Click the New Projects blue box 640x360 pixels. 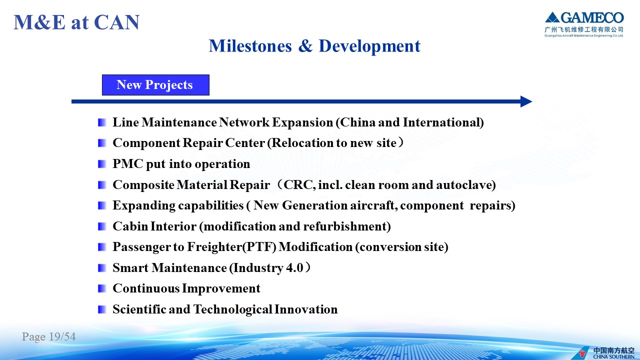[155, 85]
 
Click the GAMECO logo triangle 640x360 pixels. [552, 17]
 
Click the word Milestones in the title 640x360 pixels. [250, 46]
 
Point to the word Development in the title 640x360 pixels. [369, 46]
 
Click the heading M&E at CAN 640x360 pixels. [76, 22]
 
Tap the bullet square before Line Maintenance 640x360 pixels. [102, 122]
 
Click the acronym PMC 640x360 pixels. [128, 163]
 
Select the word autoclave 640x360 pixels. [465, 184]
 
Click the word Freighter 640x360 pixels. [214, 247]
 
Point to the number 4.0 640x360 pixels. [294, 268]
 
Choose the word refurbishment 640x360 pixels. [346, 226]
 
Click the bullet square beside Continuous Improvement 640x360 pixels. [102, 288]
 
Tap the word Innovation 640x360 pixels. [305, 309]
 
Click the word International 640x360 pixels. [442, 122]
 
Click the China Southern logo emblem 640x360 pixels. [583, 353]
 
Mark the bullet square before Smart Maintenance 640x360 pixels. [102, 268]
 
